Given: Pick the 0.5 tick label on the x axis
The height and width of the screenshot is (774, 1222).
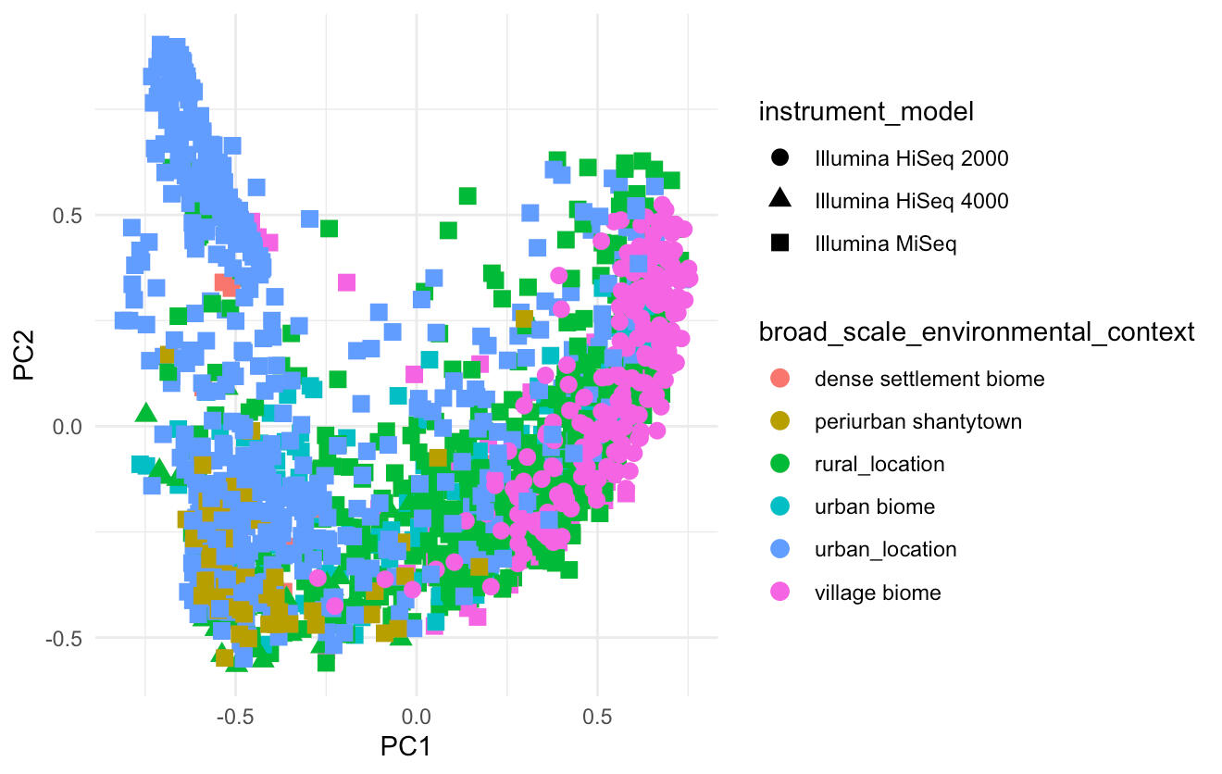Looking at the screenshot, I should coord(597,715).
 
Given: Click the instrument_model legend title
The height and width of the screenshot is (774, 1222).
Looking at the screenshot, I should coord(867,113).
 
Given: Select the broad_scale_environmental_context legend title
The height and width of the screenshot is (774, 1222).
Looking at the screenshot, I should coord(977,331).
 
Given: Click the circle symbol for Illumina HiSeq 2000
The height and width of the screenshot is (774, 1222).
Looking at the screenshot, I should coord(779,158).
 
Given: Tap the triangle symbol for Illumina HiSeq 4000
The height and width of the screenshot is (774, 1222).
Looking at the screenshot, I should coord(779,200).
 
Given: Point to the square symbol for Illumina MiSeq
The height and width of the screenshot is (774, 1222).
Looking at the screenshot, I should coord(779,243).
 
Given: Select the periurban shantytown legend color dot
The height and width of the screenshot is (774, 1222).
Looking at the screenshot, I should coord(779,421).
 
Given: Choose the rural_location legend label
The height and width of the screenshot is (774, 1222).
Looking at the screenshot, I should coord(879,464).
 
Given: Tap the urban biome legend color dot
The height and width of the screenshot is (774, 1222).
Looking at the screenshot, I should coord(779,506).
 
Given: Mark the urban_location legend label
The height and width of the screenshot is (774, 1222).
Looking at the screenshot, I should coord(885,549).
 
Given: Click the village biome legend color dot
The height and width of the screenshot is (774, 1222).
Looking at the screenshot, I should coord(779,593).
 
